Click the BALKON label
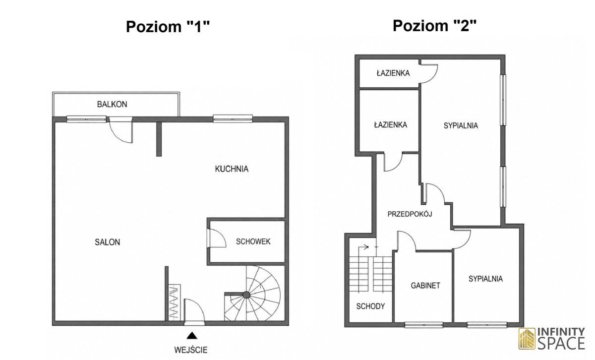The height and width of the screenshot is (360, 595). [112, 104]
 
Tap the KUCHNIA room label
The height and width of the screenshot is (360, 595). [232, 169]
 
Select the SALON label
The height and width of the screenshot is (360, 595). [107, 242]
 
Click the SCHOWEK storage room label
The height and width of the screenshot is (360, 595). [253, 241]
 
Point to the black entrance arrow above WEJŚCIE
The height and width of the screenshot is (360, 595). [192, 336]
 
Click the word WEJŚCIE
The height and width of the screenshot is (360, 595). [191, 350]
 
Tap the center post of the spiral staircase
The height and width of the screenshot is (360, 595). [246, 295]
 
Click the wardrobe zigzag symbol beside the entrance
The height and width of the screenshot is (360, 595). [174, 302]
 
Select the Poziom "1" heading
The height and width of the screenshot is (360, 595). [168, 27]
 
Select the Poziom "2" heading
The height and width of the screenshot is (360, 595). [434, 26]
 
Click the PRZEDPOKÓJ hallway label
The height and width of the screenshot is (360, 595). [410, 214]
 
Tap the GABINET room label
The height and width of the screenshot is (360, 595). [425, 286]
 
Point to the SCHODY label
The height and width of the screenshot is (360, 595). [370, 306]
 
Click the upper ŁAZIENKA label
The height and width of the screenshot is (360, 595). [393, 73]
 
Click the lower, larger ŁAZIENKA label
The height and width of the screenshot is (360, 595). [391, 124]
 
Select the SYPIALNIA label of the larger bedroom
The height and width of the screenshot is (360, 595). [461, 125]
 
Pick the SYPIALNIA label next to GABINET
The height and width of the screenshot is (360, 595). [485, 279]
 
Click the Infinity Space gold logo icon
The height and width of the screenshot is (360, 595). [527, 339]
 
